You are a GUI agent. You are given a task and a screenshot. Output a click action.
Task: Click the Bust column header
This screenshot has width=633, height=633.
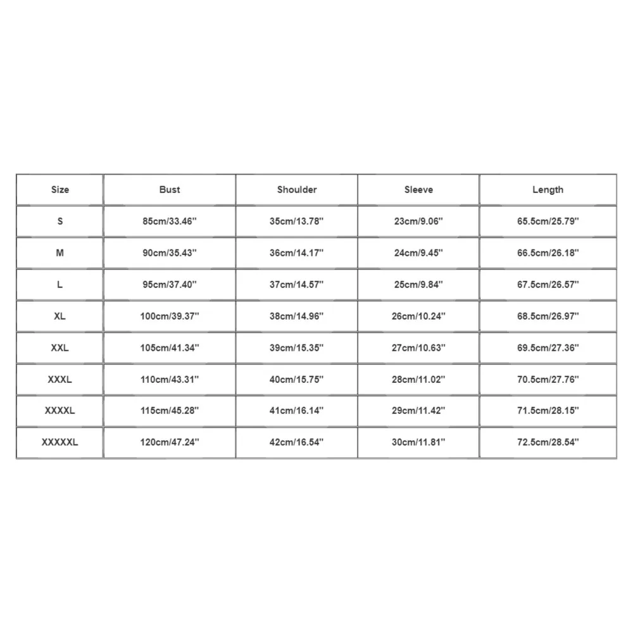170,189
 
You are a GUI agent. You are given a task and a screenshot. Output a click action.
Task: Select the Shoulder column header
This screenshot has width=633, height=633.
297,189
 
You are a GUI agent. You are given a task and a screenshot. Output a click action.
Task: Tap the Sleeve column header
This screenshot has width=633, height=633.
418,189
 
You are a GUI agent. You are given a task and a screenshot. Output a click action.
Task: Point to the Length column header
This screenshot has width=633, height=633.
548,189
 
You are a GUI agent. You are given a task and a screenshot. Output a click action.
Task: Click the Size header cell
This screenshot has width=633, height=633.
60,189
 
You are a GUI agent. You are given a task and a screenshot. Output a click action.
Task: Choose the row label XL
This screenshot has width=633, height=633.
60,316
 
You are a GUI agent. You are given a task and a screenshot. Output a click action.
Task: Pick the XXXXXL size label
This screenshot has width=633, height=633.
60,442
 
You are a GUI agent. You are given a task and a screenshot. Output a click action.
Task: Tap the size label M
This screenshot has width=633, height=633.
60,253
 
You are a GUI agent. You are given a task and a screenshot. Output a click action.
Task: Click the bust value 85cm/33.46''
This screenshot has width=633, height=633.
170,222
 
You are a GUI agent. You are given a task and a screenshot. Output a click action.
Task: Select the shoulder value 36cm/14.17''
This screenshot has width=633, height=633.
297,253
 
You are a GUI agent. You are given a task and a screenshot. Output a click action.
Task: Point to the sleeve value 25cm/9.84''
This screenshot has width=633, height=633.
418,284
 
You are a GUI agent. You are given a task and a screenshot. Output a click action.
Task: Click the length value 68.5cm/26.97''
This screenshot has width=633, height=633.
548,316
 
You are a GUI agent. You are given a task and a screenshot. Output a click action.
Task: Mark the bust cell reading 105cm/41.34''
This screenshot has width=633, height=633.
170,348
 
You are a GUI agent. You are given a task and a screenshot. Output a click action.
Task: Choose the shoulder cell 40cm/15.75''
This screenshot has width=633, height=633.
297,379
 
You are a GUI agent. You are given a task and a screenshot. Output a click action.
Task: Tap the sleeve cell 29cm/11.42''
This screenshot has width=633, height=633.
418,411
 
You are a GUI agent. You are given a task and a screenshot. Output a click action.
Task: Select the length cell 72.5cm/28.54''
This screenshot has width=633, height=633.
548,442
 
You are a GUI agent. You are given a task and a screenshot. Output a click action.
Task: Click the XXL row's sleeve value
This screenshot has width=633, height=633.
418,348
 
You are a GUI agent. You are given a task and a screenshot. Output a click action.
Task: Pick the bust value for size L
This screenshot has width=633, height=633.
170,284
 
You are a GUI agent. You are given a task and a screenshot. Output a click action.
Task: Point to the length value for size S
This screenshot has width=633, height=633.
548,222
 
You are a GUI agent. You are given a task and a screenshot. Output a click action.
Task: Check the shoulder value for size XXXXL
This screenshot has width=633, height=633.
297,411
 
